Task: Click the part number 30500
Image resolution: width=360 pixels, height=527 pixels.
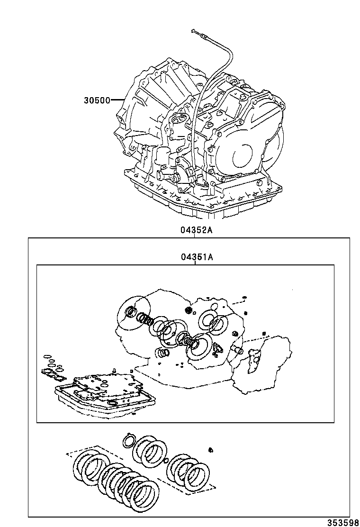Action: tap(97, 100)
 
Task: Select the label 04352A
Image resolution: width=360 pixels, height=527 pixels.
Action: tap(196, 230)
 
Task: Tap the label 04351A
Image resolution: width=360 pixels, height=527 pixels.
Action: tap(196, 257)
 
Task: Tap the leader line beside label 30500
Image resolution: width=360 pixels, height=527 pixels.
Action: tap(117, 100)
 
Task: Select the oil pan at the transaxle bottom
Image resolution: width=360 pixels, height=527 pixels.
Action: tap(204, 199)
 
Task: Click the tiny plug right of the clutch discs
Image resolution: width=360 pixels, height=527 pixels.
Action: tap(211, 449)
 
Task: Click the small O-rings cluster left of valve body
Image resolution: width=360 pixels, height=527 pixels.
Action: tap(52, 365)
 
